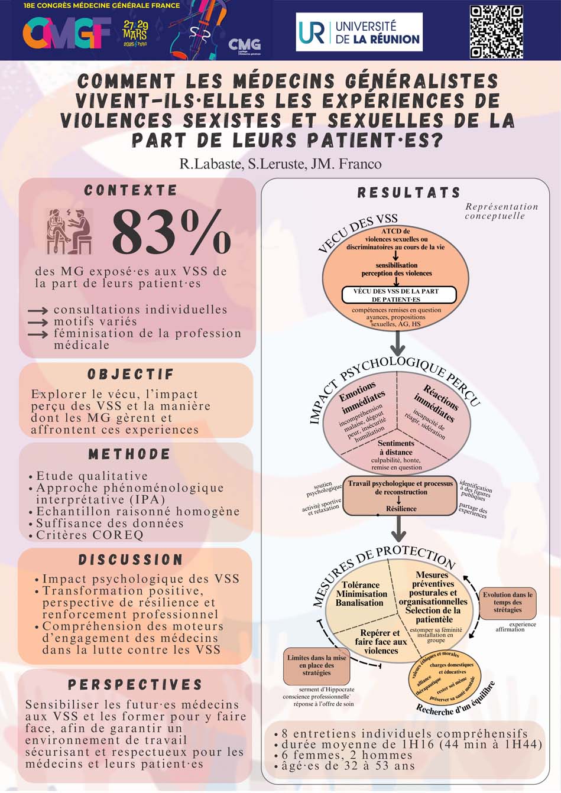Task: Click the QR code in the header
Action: click(x=496, y=32)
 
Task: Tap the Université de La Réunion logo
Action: click(x=359, y=32)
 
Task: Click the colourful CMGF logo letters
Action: click(x=67, y=33)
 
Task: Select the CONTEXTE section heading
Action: click(x=131, y=190)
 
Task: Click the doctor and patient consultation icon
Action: click(x=70, y=230)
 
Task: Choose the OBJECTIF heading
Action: click(x=131, y=374)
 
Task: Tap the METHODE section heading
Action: click(x=129, y=454)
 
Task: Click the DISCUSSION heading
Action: click(x=131, y=559)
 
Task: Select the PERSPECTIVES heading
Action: click(x=135, y=684)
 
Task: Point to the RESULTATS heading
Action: click(x=408, y=193)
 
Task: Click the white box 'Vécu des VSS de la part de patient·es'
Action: click(x=399, y=295)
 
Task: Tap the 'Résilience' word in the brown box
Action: click(x=401, y=508)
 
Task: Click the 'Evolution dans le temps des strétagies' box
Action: click(x=507, y=602)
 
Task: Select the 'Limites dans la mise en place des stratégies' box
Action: click(x=316, y=665)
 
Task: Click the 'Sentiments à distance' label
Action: click(x=396, y=447)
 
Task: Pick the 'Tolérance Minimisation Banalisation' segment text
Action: click(x=361, y=594)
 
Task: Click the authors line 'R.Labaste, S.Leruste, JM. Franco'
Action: click(x=280, y=164)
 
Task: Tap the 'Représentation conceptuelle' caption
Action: click(x=501, y=211)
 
